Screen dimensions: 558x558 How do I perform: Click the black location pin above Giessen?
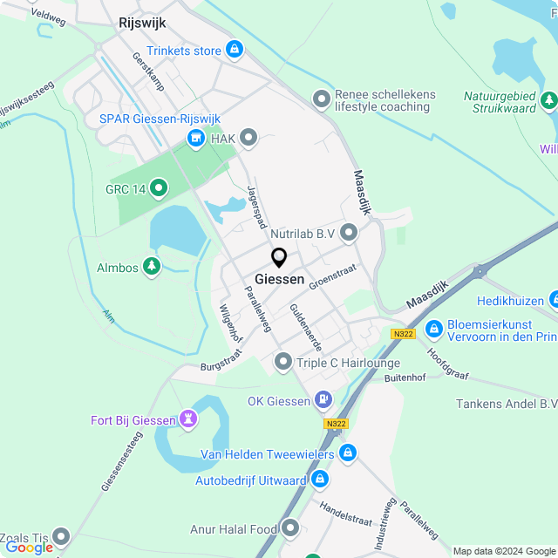[279, 258]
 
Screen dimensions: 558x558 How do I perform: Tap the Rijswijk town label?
[141, 24]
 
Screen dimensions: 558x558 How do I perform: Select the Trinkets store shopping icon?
[234, 50]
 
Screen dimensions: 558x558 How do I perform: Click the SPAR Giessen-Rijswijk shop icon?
[196, 138]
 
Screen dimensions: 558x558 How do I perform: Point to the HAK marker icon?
[249, 137]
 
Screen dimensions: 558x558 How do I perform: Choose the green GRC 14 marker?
[159, 187]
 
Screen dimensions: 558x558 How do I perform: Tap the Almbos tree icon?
[152, 267]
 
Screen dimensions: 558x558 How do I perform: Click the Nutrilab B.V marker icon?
[350, 233]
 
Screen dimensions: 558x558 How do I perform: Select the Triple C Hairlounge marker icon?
[283, 361]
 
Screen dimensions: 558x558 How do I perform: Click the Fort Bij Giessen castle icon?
[187, 420]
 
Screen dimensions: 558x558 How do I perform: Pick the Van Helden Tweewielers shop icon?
[348, 453]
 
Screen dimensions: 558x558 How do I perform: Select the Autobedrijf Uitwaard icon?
[320, 480]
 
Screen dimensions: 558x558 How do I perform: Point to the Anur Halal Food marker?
[290, 528]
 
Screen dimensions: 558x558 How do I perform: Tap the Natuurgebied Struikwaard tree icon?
[548, 99]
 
